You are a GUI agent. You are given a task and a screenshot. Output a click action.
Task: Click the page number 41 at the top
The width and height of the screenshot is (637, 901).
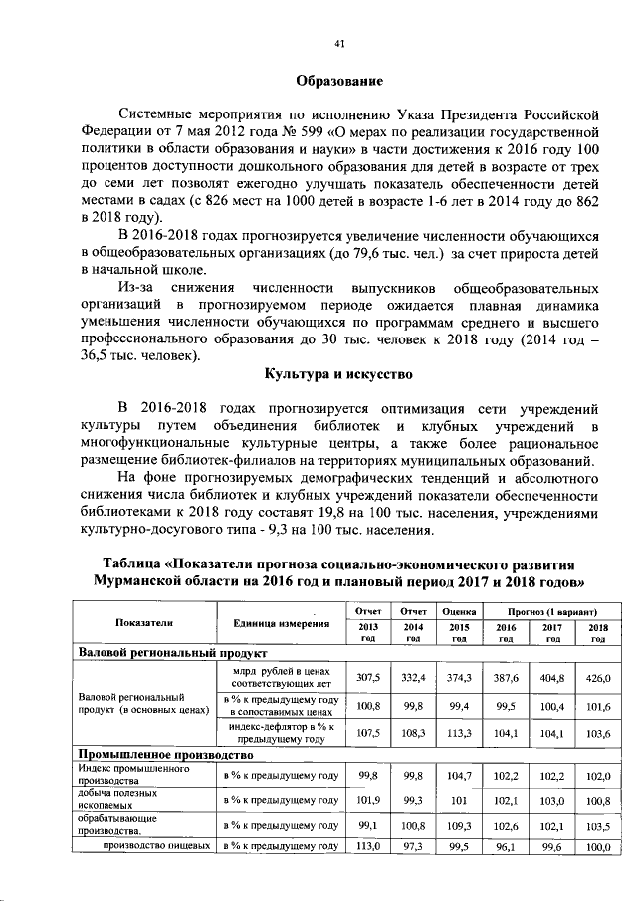point(339,44)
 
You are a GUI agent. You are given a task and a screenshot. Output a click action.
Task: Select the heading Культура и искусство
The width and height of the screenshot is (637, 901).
point(339,373)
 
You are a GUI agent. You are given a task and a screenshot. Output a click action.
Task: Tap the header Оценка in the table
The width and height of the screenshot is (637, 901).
point(460,609)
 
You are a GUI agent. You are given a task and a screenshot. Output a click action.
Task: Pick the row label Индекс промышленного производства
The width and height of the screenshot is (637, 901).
point(120,775)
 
